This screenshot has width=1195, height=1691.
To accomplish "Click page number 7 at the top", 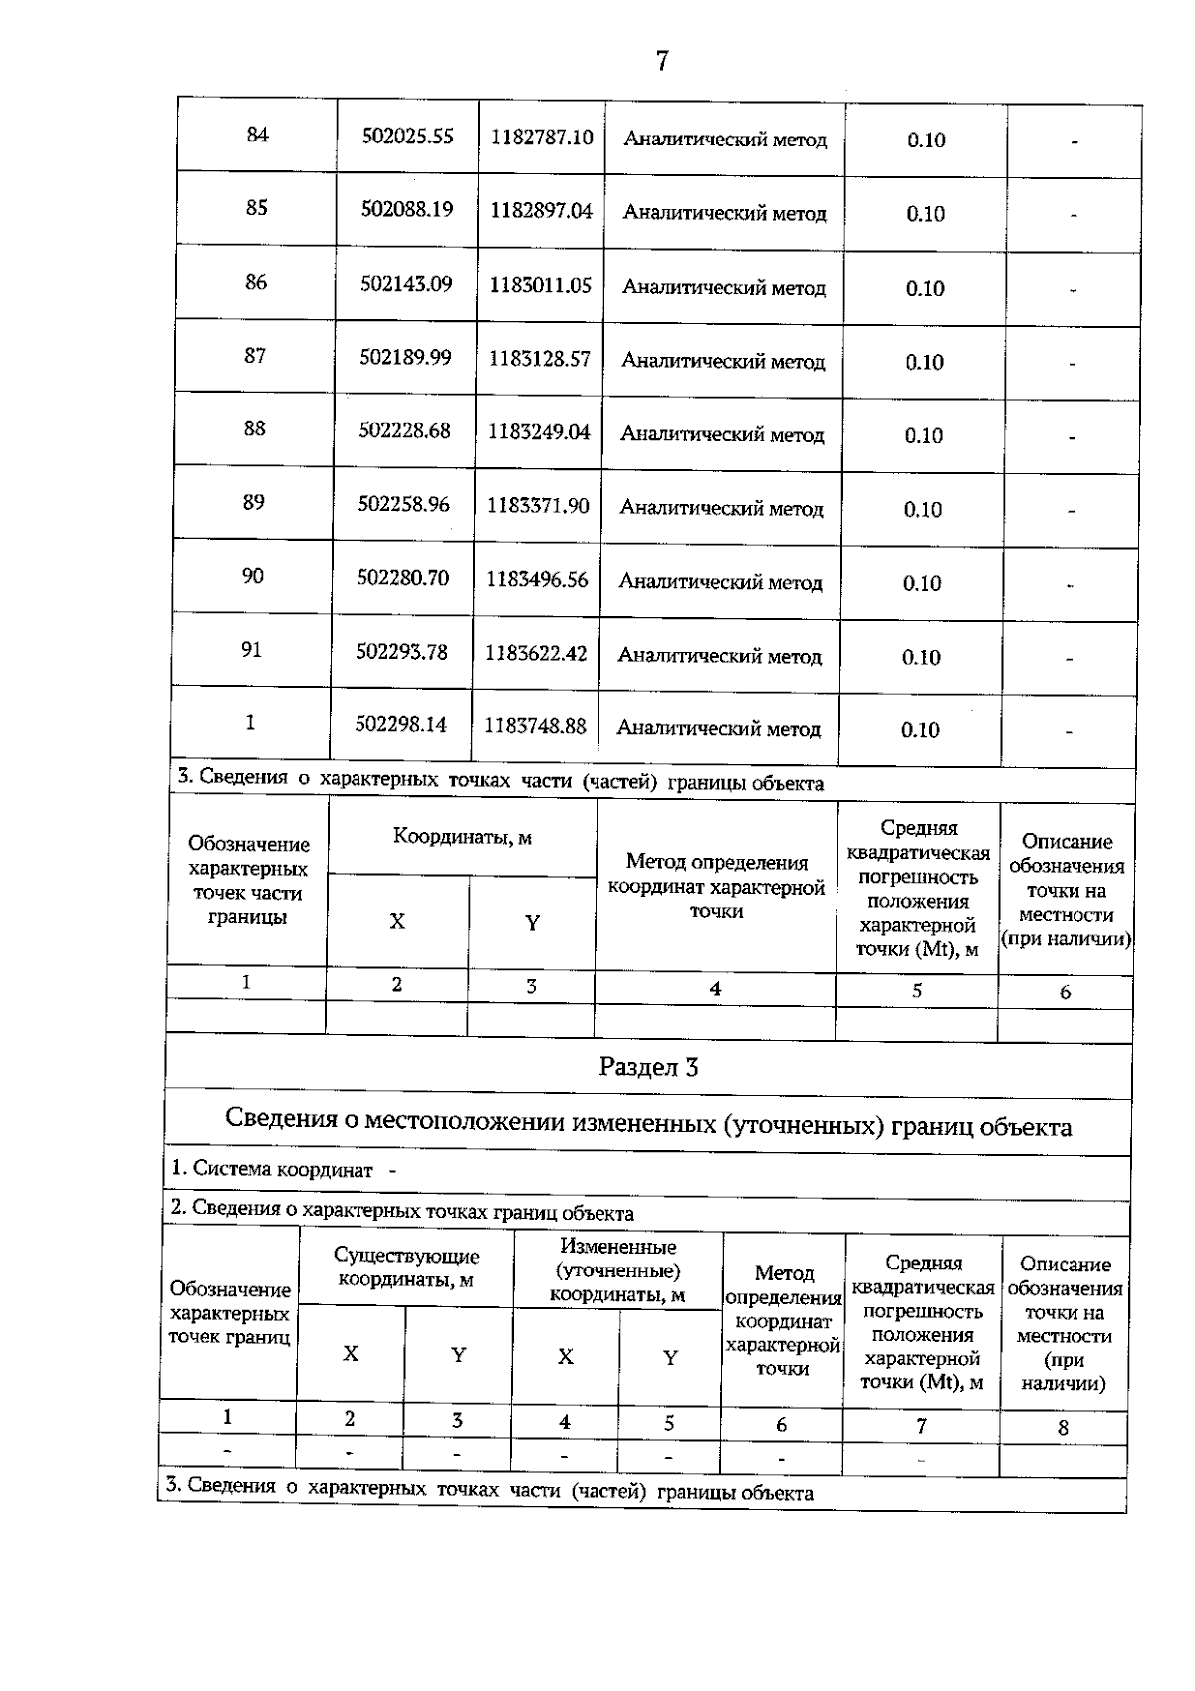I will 662,62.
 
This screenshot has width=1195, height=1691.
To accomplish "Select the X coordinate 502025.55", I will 407,136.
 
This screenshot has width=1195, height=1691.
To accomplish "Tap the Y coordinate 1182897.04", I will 541,211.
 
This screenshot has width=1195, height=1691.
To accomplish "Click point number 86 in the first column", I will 256,282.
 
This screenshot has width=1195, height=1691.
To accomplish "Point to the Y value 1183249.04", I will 539,432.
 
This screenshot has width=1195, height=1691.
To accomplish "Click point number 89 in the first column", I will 254,502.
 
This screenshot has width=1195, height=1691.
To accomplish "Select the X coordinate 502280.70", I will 403,578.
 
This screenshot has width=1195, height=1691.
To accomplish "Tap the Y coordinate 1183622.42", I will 536,654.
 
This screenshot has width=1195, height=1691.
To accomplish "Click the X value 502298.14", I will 401,725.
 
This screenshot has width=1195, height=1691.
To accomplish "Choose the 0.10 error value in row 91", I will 921,658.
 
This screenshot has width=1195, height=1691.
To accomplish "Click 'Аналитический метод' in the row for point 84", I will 725,141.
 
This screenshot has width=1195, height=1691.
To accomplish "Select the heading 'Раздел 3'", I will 648,1068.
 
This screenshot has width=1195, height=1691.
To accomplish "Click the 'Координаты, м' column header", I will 462,838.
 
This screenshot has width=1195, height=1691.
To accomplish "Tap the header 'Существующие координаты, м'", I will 406,1268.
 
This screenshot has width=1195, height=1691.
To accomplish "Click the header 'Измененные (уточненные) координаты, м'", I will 618,1270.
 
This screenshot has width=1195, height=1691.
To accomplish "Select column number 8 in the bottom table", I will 1063,1428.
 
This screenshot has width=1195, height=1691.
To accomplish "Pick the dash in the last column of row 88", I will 1072,437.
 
